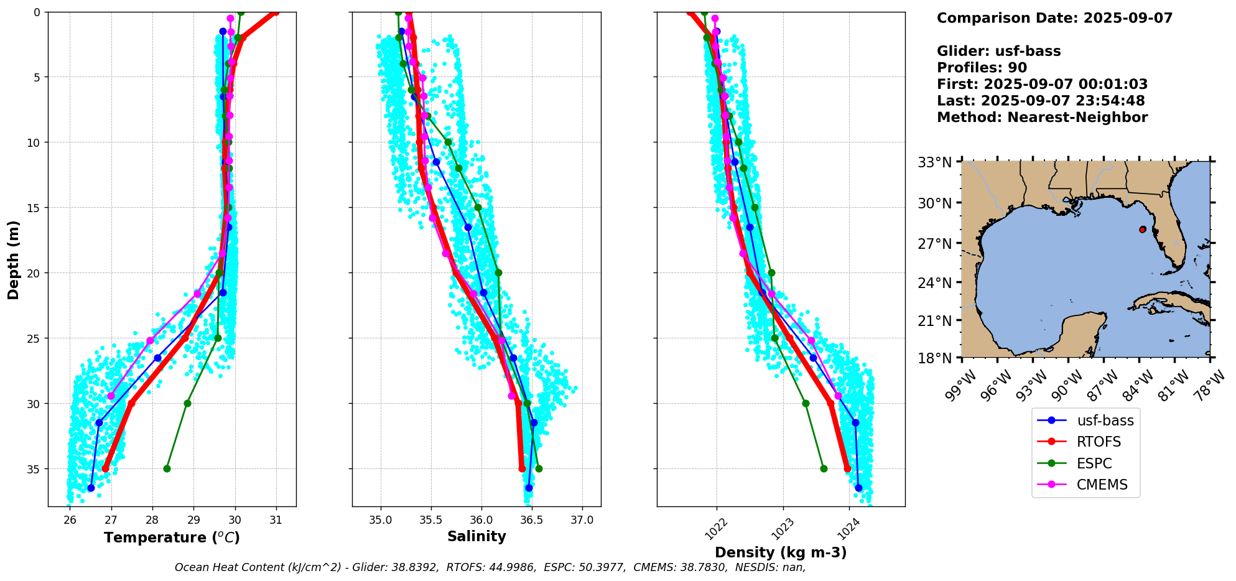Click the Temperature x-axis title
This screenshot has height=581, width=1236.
[172, 537]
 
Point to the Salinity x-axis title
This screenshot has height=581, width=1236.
[476, 536]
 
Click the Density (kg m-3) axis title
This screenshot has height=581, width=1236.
[781, 552]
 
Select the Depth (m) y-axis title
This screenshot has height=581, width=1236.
[14, 259]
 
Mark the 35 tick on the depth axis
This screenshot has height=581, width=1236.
[33, 469]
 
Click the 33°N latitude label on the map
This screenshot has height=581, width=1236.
[935, 162]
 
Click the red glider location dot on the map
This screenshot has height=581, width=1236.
[1143, 230]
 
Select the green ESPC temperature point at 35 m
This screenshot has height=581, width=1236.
[167, 468]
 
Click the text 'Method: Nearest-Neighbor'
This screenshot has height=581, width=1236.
[1042, 117]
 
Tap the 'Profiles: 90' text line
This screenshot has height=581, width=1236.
[982, 68]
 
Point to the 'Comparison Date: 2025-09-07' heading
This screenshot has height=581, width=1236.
[1054, 18]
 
